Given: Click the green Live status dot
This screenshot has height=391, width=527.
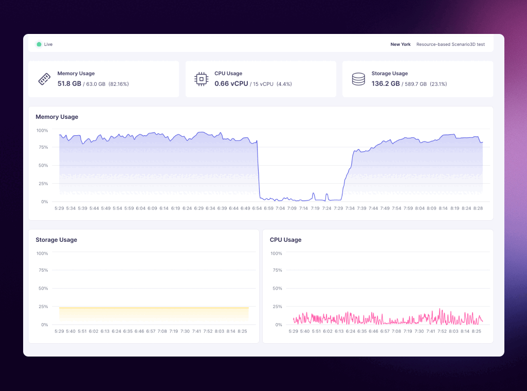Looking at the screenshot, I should pos(39,44).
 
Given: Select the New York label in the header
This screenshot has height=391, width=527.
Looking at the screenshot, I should pos(401,44).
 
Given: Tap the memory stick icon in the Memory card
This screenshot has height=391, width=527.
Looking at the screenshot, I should pos(44,79).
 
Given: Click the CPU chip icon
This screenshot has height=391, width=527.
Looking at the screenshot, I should pos(201,79).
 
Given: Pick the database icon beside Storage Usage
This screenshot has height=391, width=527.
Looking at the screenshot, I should pos(358,79).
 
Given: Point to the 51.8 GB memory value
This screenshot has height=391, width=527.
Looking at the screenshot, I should pos(69,83).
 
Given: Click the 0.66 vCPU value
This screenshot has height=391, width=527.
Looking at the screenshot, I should pos(231,83).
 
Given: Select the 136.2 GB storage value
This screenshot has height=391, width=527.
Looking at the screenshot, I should pos(386,83).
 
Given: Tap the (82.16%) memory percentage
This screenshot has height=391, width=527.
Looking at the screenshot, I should pos(119,84).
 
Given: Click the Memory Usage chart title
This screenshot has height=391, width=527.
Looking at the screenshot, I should pos(57,117).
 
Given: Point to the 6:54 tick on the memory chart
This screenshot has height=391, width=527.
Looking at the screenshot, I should pos(257,208).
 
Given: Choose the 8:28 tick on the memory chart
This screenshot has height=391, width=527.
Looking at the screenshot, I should pos(478,208).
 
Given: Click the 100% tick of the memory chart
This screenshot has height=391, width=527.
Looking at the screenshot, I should pos(42,130).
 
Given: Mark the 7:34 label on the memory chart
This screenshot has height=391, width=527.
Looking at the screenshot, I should pos(350,208).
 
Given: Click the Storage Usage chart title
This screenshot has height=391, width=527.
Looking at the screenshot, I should pos(57,240).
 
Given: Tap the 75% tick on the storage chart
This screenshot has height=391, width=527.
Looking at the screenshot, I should pos(43,270).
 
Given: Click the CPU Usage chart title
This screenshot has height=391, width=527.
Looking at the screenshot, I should pos(286,240).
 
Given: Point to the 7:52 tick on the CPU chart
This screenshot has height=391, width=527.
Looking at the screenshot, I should pos(442,331).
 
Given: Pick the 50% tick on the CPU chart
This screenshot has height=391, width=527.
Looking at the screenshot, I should pos(277,288).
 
